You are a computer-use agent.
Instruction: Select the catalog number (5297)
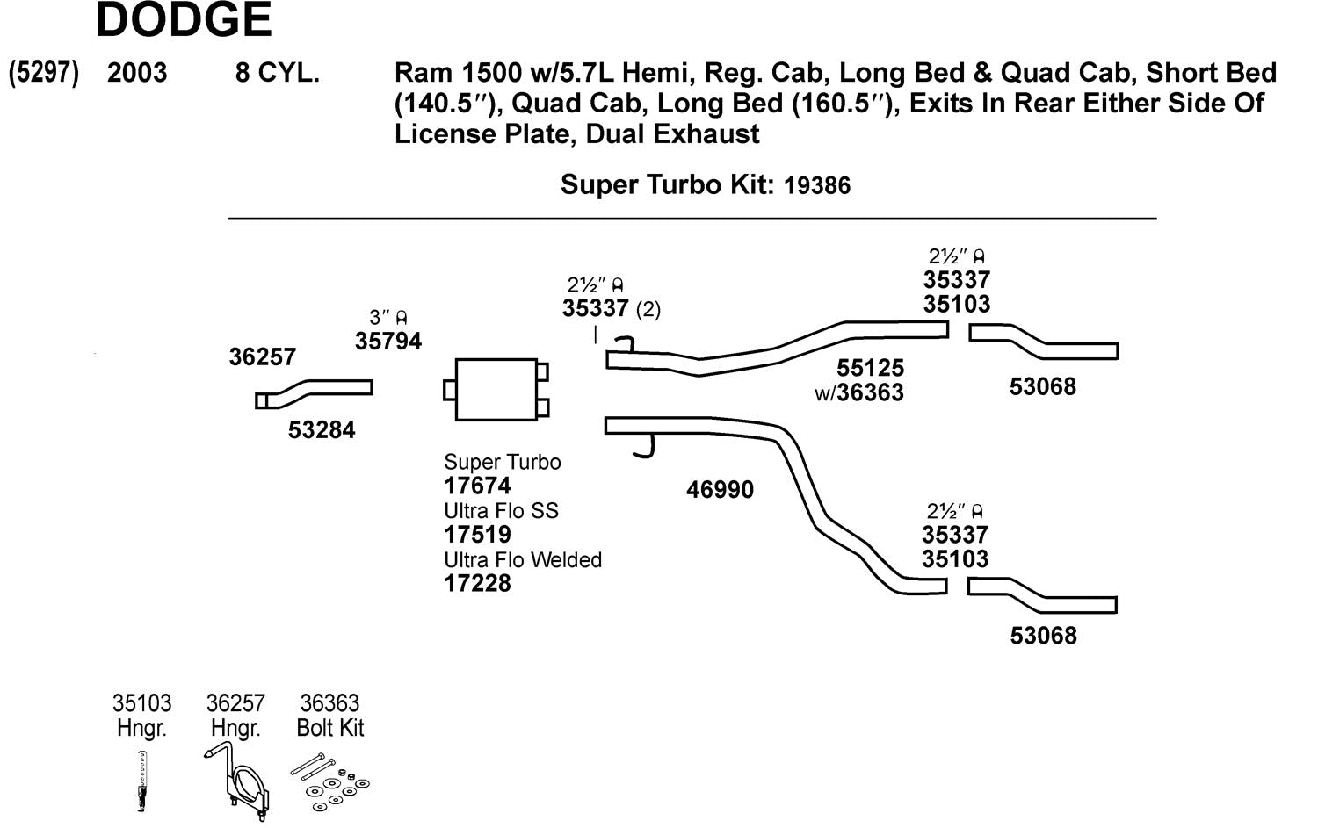click(x=44, y=72)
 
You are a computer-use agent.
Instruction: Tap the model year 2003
click(x=137, y=72)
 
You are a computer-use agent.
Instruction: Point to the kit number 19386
click(x=817, y=185)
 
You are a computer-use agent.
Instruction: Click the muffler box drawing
click(x=496, y=389)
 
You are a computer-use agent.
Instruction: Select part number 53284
click(x=322, y=430)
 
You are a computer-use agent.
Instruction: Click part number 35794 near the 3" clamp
click(x=387, y=342)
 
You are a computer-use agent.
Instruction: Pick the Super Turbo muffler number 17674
click(x=477, y=486)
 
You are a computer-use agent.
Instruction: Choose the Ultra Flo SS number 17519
click(x=477, y=535)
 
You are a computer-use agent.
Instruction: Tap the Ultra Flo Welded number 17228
click(x=477, y=583)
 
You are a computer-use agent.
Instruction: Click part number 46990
click(x=720, y=490)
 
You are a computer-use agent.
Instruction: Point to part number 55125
click(x=870, y=368)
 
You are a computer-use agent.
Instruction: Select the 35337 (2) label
click(x=611, y=308)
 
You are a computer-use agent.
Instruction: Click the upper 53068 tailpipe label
click(x=1042, y=387)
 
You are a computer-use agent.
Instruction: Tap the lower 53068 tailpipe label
click(x=1043, y=636)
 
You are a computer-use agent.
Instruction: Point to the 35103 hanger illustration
click(x=142, y=781)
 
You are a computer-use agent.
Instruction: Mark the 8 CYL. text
click(x=277, y=72)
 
